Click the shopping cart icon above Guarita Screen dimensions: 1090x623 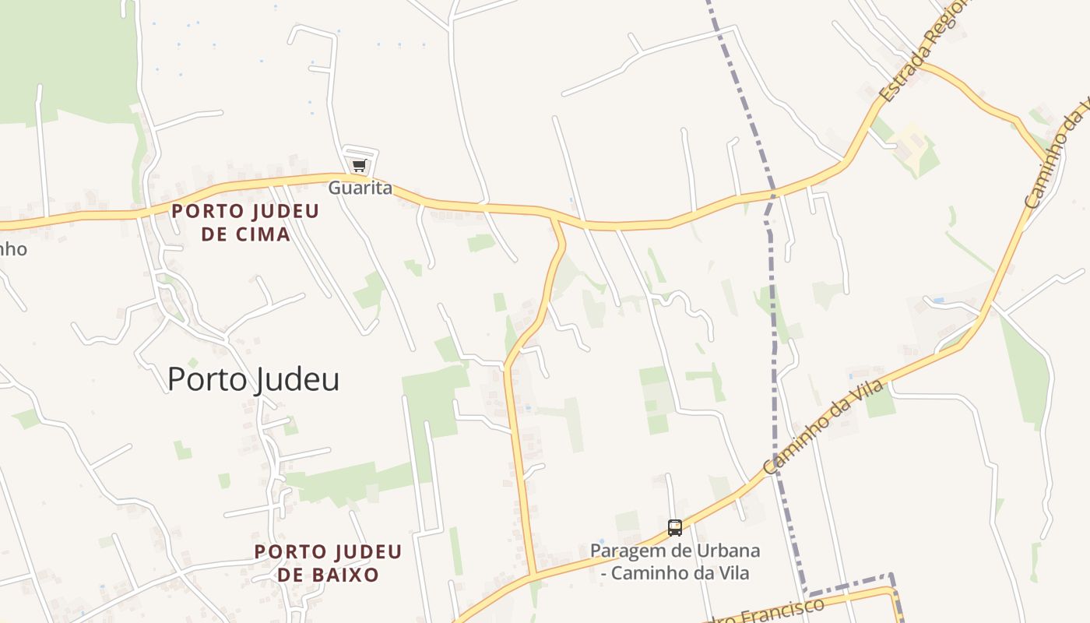359,165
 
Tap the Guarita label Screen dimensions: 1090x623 360,188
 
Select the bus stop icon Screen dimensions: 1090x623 675,528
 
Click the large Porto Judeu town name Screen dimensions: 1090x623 253,379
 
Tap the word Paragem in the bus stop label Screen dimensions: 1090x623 624,551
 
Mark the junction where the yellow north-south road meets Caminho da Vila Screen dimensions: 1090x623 533,575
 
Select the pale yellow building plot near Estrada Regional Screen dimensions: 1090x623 911,141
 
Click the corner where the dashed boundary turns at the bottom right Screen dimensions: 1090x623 891,576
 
